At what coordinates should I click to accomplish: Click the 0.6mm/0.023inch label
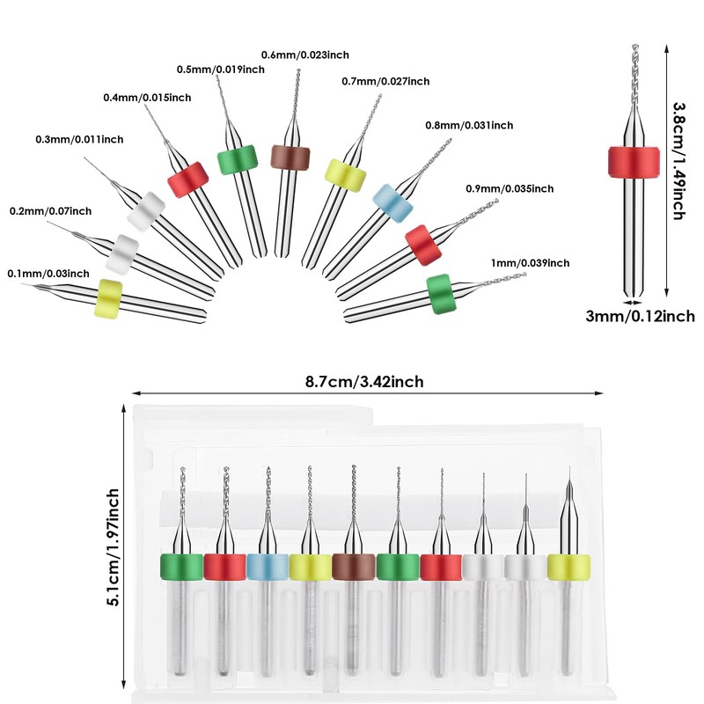click(304, 55)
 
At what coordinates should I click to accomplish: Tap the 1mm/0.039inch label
click(530, 262)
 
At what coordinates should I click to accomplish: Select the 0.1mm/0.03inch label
click(48, 274)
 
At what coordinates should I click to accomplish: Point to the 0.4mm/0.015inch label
click(147, 98)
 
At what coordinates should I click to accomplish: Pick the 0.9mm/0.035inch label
click(510, 188)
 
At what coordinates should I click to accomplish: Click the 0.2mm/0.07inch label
click(51, 210)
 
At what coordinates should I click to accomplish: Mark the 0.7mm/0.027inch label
click(385, 81)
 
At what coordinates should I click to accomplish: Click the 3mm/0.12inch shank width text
click(641, 316)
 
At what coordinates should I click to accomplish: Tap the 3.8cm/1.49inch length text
click(678, 161)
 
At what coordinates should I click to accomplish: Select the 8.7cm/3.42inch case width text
click(364, 382)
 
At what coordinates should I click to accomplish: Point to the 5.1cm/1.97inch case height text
click(113, 547)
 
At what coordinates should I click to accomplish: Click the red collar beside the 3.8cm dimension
click(634, 161)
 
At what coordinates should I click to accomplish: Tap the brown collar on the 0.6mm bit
click(290, 158)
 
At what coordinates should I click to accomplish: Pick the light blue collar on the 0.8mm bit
click(392, 203)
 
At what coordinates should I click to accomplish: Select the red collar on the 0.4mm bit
click(188, 180)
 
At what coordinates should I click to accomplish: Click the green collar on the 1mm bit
click(442, 294)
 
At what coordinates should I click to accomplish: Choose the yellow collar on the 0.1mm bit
click(108, 299)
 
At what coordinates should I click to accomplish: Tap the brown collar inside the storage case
click(354, 567)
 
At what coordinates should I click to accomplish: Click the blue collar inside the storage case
click(268, 567)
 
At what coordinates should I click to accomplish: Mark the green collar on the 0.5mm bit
click(238, 159)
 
